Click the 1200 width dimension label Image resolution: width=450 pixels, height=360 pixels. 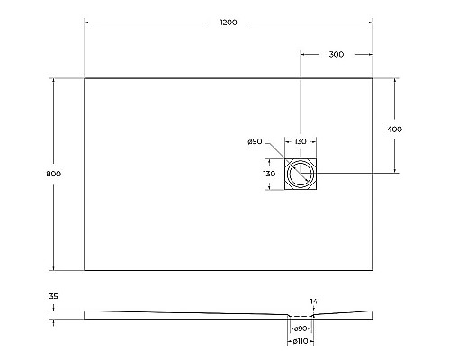(x=228, y=22)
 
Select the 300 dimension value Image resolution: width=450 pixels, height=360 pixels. (x=336, y=55)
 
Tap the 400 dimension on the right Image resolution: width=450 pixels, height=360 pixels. (x=393, y=129)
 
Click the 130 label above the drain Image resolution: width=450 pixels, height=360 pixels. (x=301, y=141)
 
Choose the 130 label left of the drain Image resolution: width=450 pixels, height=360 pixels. (x=268, y=173)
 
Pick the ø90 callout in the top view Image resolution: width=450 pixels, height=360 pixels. (x=254, y=141)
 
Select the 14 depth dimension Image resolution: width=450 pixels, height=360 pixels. (x=313, y=301)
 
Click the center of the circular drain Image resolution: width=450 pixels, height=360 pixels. (x=301, y=173)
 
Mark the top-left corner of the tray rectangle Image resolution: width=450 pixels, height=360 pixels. (x=85, y=78)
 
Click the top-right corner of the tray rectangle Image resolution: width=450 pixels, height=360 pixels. (x=373, y=78)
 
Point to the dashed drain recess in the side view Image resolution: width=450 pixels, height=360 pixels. (x=301, y=318)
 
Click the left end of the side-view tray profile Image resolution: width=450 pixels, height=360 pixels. (x=85, y=315)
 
